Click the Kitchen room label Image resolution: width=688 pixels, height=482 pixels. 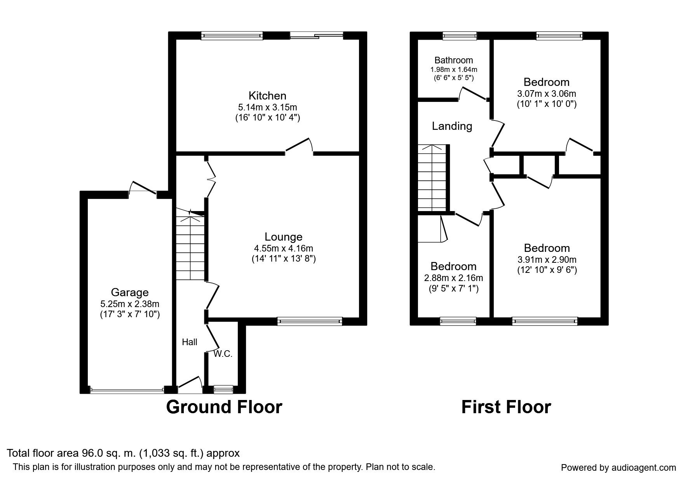[267, 96]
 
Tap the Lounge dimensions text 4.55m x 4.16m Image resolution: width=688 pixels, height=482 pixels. [284, 248]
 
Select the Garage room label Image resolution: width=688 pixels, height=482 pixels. [130, 292]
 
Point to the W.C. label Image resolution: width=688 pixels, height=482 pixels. [223, 354]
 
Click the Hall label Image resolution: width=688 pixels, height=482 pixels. [190, 342]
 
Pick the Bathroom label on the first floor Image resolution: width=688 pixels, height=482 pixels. [454, 60]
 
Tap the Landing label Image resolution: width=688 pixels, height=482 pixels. [452, 126]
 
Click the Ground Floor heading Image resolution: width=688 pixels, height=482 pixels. [224, 407]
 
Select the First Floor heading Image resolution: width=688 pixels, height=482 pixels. [506, 407]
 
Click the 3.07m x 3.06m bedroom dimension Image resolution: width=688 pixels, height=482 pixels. [547, 94]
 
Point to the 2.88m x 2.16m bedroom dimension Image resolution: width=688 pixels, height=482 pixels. [454, 278]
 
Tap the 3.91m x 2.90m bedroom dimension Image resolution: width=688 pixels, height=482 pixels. [547, 260]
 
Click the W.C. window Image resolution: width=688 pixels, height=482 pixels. [223, 389]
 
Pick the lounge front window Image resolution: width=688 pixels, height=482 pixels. [310, 321]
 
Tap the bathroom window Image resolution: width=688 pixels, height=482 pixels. [460, 36]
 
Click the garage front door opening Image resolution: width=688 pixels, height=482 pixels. [127, 389]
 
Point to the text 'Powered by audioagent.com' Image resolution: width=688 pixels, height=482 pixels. [618, 468]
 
